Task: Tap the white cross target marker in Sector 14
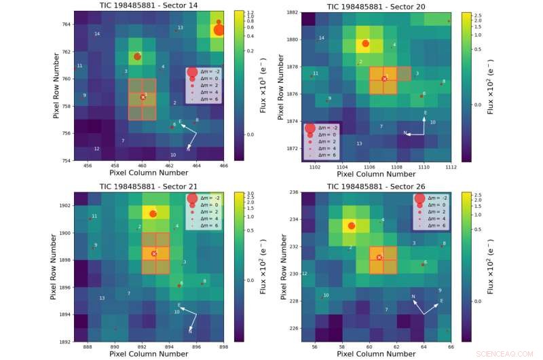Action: click(x=143, y=98)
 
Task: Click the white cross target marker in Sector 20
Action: click(x=384, y=79)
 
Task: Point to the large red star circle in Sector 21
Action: click(x=153, y=214)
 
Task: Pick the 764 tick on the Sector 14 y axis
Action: click(x=66, y=24)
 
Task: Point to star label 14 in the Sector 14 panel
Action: click(x=97, y=34)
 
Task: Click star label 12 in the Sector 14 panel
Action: click(x=96, y=149)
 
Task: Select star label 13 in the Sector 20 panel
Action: click(x=359, y=144)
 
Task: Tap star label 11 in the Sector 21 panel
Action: click(x=94, y=216)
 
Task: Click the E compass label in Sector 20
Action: click(x=426, y=113)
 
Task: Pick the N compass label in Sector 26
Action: click(x=413, y=297)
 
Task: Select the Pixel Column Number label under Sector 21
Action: click(x=149, y=354)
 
